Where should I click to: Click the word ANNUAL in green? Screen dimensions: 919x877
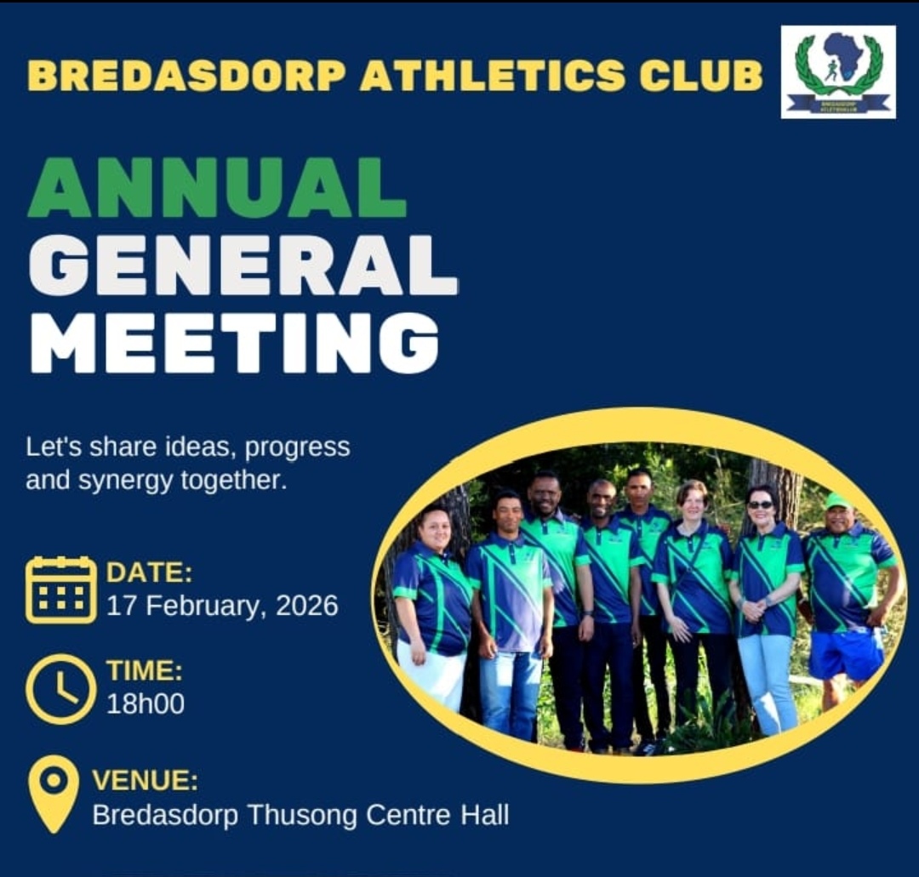218,187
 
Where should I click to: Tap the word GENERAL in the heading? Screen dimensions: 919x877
243,265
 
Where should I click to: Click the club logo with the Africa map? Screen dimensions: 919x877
838,71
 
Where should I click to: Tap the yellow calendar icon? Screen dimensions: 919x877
61,589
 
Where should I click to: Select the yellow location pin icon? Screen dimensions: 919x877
54,794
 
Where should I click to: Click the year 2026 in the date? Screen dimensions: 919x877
306,605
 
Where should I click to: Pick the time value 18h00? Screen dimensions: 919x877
146,703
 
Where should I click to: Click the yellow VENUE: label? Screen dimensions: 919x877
146,780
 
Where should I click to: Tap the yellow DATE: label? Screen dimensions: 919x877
149,572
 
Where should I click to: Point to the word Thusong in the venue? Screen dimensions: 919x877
302,815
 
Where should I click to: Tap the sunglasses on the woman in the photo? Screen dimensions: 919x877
760,504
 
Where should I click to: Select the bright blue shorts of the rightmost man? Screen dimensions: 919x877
847,653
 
